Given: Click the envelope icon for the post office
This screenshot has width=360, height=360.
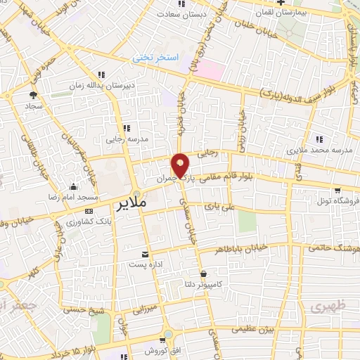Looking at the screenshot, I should click(146, 254).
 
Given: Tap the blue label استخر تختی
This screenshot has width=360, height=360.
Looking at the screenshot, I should click(157, 59).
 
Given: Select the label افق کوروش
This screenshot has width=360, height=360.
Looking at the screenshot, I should click(145, 350).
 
